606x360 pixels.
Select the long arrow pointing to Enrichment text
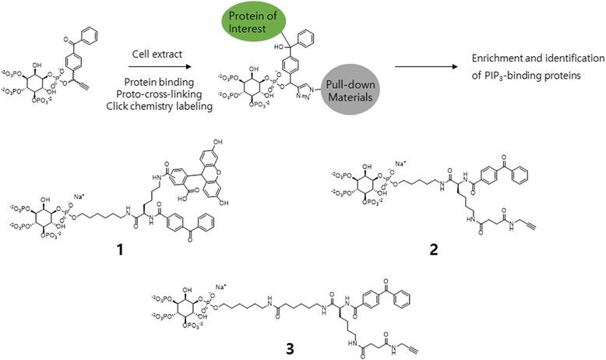(421, 69)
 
